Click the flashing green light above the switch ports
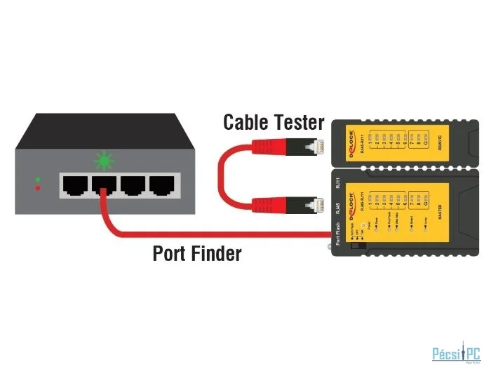pyautogui.click(x=104, y=161)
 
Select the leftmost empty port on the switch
pyautogui.click(x=73, y=185)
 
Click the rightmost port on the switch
pyautogui.click(x=161, y=185)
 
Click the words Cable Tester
pyautogui.click(x=273, y=122)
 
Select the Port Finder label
pyautogui.click(x=196, y=253)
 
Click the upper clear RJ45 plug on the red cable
pyautogui.click(x=316, y=148)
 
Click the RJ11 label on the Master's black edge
pyautogui.click(x=338, y=185)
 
